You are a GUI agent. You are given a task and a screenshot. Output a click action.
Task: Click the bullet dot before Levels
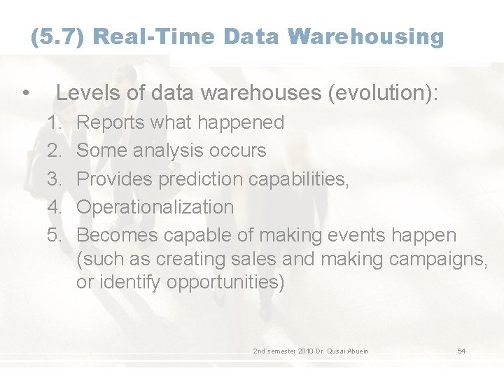25,94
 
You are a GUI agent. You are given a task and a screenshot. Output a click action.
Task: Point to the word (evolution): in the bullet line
383,93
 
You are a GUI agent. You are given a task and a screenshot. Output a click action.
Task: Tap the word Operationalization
155,206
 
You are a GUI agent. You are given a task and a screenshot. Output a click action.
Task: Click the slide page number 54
461,351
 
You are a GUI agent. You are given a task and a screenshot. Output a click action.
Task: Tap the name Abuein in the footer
356,351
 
